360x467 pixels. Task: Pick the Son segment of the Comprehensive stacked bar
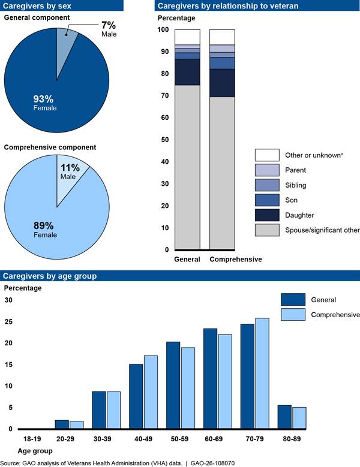[222, 63]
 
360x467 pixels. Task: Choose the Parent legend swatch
[266, 170]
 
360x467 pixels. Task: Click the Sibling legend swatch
[266, 185]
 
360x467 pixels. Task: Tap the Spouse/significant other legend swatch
[266, 230]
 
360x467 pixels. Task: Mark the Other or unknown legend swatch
[266, 155]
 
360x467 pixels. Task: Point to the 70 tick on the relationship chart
[162, 95]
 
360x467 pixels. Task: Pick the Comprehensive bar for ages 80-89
[299, 418]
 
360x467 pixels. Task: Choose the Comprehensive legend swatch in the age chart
[293, 315]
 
